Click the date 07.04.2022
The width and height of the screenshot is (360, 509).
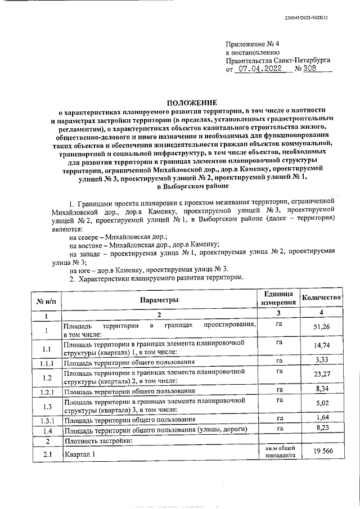tap(260, 70)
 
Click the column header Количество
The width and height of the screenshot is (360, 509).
tap(322, 297)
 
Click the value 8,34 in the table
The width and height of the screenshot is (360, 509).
tap(322, 389)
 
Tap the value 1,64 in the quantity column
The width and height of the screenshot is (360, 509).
tap(322, 418)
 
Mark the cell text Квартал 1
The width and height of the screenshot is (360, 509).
tap(80, 454)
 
